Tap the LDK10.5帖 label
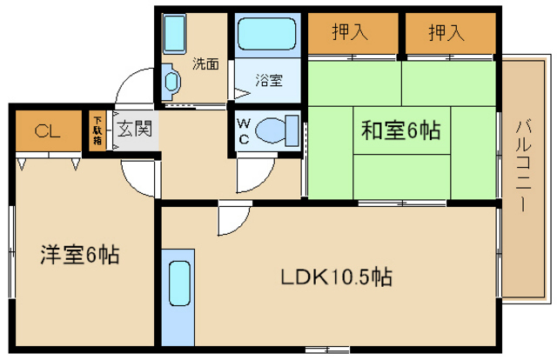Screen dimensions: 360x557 pyautogui.click(x=335, y=278)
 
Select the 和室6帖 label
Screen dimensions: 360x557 pyautogui.click(x=400, y=131)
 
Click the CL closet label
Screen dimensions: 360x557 pyautogui.click(x=47, y=132)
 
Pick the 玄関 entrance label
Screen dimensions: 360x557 pyautogui.click(x=135, y=130)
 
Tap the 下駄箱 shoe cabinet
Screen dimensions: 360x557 pyautogui.click(x=97, y=130)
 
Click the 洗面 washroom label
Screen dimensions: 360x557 pyautogui.click(x=205, y=63)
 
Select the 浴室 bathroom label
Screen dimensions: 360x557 pyautogui.click(x=268, y=81)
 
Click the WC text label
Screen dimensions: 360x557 pyautogui.click(x=244, y=131)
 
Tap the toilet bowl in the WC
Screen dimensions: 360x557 pyautogui.click(x=278, y=130)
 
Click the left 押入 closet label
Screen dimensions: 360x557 pyautogui.click(x=350, y=33)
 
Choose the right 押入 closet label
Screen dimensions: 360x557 pyautogui.click(x=446, y=33)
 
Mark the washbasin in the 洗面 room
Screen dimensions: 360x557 pyautogui.click(x=171, y=83)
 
